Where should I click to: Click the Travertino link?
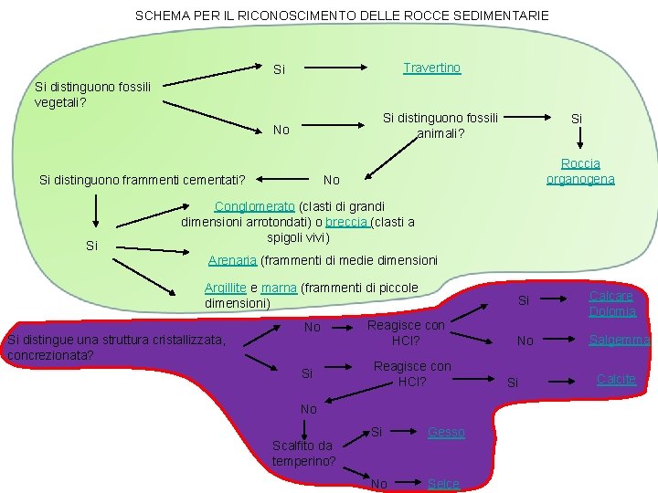pyautogui.click(x=431, y=68)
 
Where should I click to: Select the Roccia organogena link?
pyautogui.click(x=580, y=171)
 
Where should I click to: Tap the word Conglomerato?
pyautogui.click(x=254, y=206)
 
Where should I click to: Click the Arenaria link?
pyautogui.click(x=232, y=260)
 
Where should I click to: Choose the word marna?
pyautogui.click(x=279, y=288)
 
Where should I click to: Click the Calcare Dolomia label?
pyautogui.click(x=612, y=304)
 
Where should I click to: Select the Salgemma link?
pyautogui.click(x=620, y=340)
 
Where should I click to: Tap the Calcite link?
pyautogui.click(x=616, y=379)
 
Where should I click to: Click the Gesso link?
pyautogui.click(x=446, y=432)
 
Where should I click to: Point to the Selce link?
pyautogui.click(x=443, y=483)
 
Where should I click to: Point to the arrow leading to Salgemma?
pyautogui.click(x=566, y=341)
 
